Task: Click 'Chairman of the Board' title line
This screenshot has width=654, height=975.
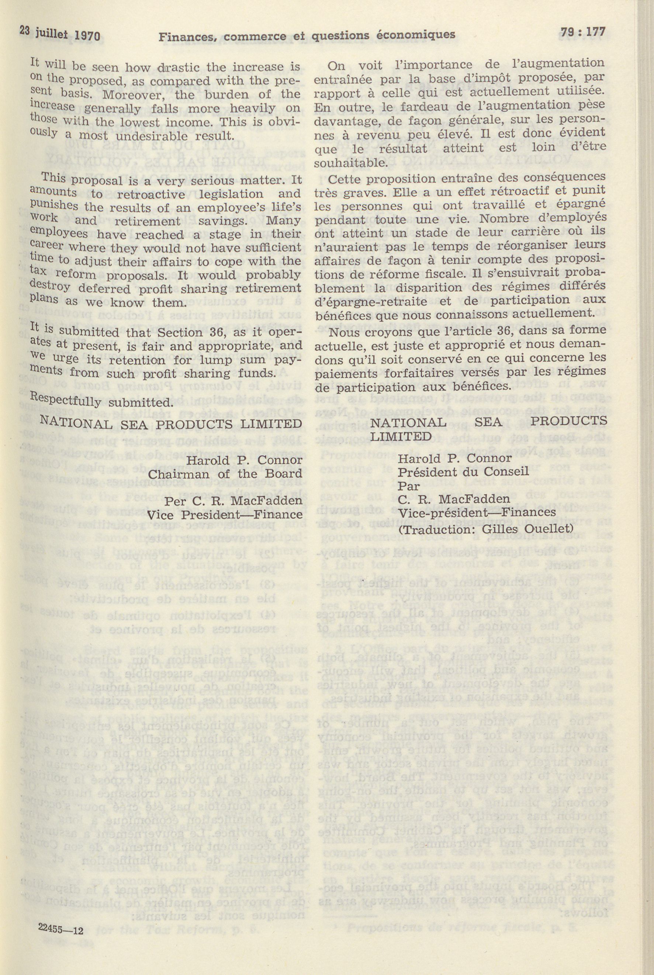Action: point(225,474)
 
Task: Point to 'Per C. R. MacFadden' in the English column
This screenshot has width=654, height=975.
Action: point(233,500)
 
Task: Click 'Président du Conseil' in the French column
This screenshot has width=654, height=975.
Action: point(463,472)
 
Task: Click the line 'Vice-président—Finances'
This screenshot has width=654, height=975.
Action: point(477,512)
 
